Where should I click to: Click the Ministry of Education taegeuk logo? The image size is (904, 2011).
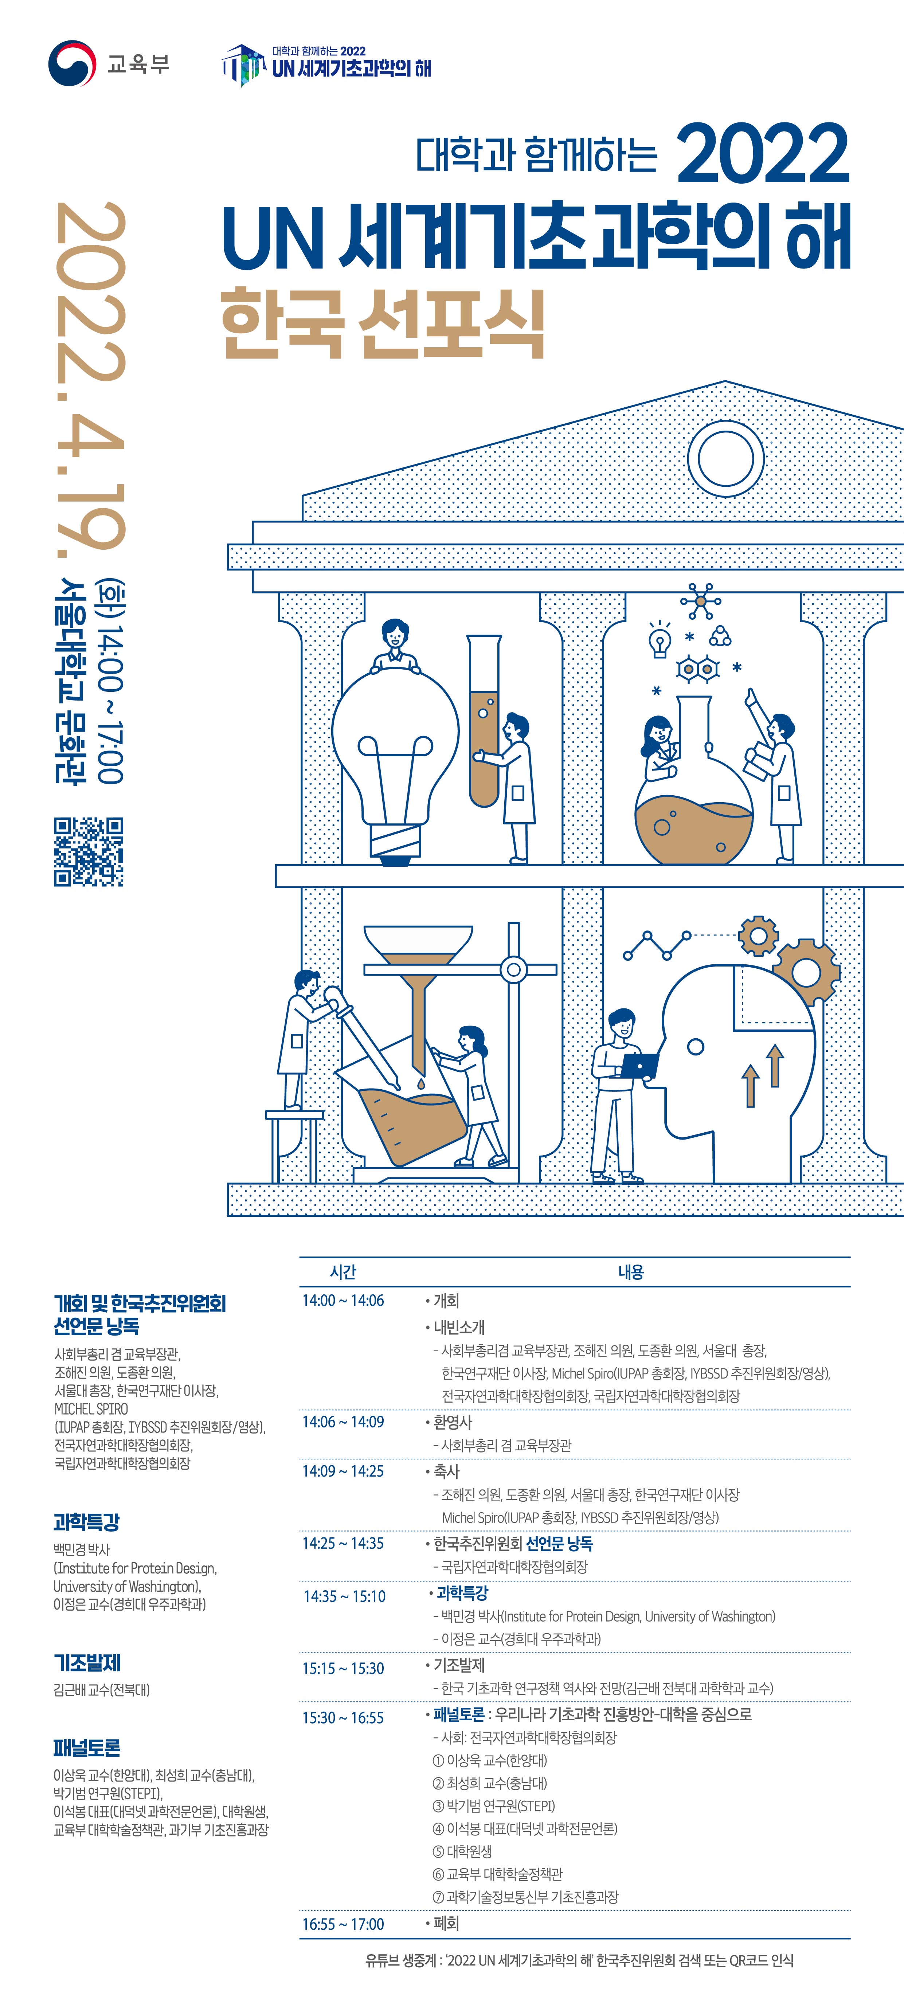(x=72, y=63)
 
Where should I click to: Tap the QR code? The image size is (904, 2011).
(x=88, y=852)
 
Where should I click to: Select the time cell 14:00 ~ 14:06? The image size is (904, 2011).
(x=344, y=1301)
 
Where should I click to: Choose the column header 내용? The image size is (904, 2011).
(x=631, y=1272)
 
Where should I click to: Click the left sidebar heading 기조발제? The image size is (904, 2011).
(x=87, y=1663)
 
